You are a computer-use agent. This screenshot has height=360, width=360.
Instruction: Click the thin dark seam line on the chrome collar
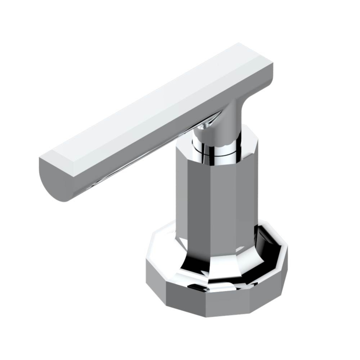click(x=216, y=153)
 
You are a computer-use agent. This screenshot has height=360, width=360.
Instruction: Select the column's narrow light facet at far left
click(x=179, y=191)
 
